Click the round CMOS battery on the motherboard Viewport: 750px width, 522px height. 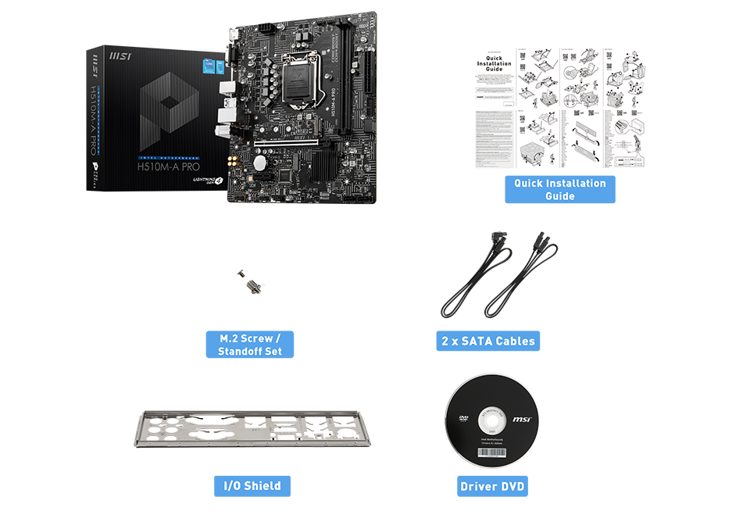[258, 163]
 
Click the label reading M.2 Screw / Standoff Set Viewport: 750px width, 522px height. [249, 345]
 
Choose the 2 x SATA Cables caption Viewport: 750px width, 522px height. [489, 341]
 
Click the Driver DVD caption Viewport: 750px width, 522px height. [492, 487]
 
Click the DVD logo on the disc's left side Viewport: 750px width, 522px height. [463, 418]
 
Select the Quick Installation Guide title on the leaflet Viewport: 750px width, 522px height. [494, 63]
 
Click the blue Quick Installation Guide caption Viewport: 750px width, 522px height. [559, 189]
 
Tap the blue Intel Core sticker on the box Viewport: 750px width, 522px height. [209, 65]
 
